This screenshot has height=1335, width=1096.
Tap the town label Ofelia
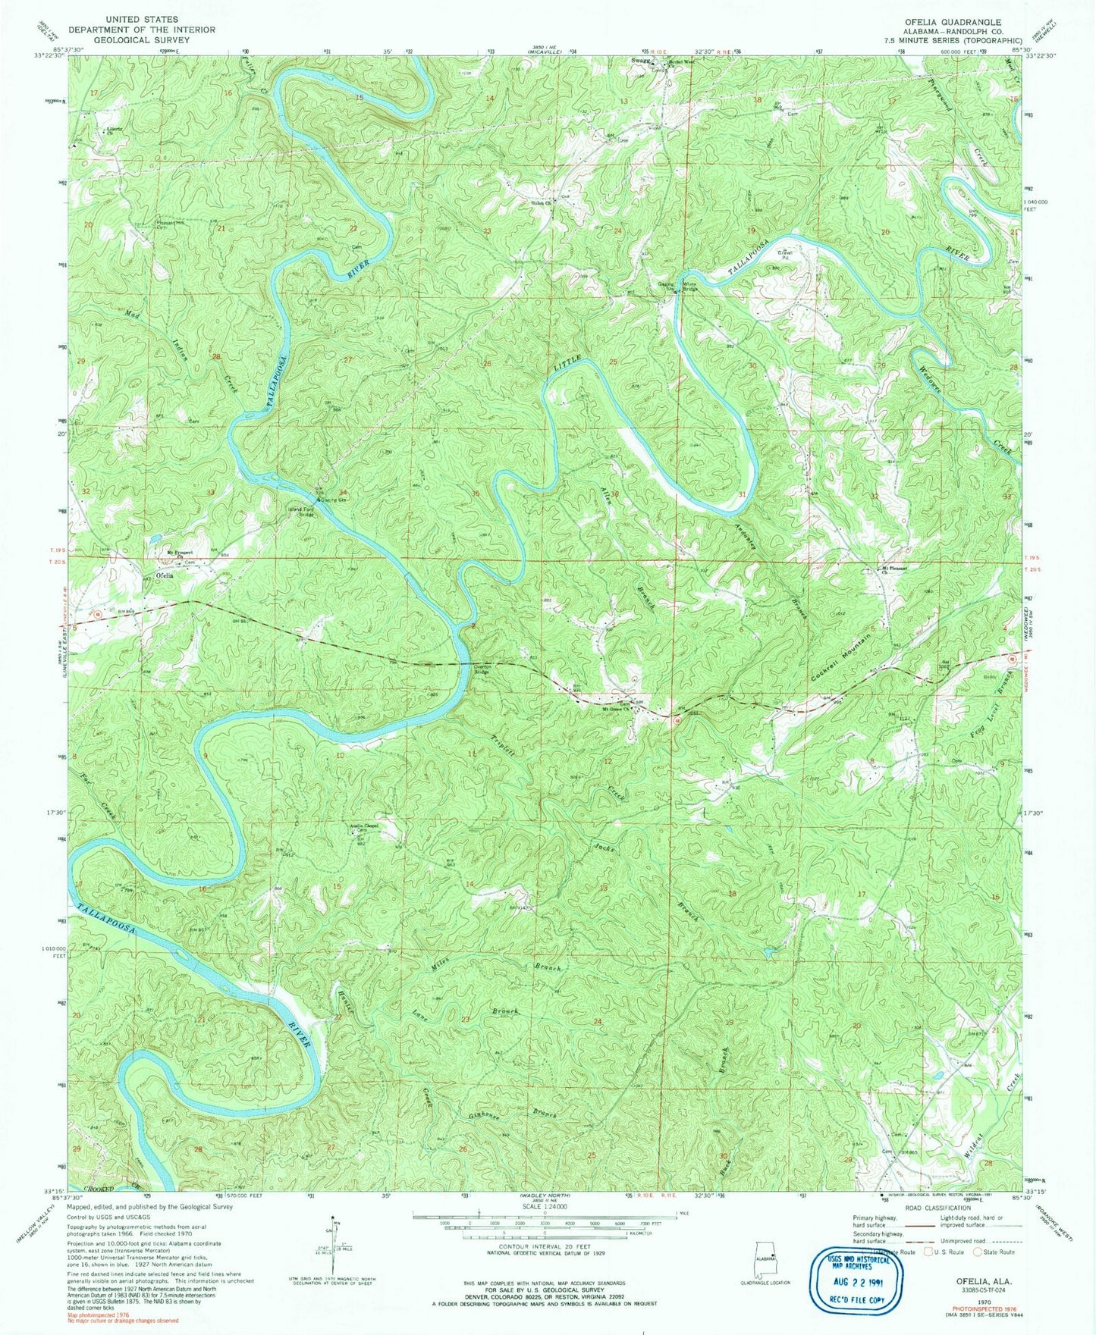(165, 576)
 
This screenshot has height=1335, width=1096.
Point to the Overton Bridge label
(484, 669)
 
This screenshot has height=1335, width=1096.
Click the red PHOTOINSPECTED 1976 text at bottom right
(972, 1308)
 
